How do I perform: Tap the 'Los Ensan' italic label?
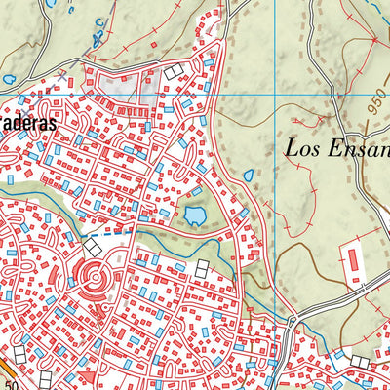(x=336, y=149)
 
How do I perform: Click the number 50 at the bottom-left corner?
(x=11, y=384)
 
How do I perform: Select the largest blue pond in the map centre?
(x=196, y=214)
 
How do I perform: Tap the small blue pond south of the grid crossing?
(x=248, y=176)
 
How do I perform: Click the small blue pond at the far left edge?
(x=8, y=79)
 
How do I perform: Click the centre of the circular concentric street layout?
(x=95, y=275)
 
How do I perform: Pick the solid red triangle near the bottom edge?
(x=88, y=377)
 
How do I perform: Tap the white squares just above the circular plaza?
(x=93, y=249)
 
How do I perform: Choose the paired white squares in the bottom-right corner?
(x=360, y=363)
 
